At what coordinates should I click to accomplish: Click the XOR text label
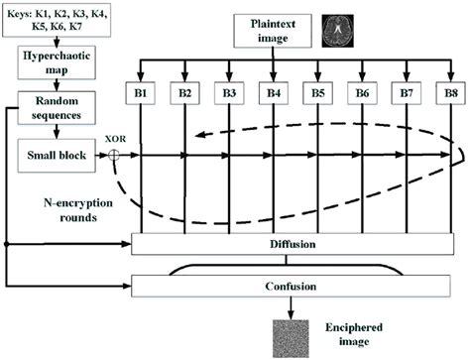[114, 140]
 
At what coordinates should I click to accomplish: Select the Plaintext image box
[273, 31]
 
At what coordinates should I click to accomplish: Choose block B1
[141, 95]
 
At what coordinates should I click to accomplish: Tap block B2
[185, 95]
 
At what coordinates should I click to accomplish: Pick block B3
[229, 95]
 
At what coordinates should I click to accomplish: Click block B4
[273, 95]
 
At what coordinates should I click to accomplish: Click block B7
[405, 95]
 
